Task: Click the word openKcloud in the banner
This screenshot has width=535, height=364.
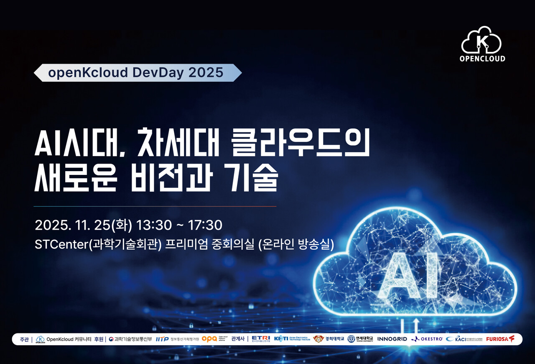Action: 88,73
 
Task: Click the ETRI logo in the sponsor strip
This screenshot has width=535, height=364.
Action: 260,339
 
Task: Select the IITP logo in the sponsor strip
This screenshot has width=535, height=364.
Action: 162,339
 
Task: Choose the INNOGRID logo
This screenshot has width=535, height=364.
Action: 392,339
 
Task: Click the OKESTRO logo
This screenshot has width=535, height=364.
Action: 427,339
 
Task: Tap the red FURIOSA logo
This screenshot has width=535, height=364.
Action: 500,339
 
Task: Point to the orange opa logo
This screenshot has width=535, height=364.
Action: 209,339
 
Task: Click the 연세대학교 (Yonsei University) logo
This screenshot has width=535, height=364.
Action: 360,339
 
